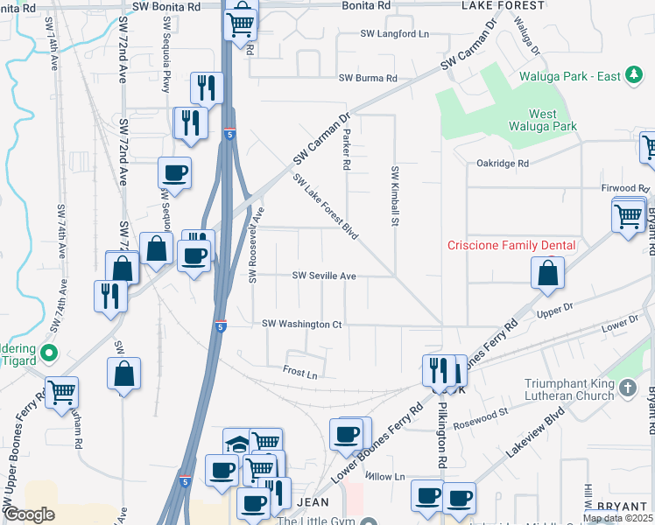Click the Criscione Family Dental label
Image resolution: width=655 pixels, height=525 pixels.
[511, 245]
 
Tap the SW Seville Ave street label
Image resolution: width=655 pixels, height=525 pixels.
[324, 276]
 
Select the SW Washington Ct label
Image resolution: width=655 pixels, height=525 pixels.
[302, 324]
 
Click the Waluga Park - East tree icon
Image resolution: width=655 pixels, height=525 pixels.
[633, 76]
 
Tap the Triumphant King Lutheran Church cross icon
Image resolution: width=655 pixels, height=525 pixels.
[626, 387]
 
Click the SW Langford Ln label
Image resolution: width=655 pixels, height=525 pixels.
[395, 34]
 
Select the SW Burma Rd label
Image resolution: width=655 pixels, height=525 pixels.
[369, 78]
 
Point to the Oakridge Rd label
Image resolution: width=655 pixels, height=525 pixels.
[503, 163]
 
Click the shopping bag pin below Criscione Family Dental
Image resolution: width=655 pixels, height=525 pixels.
[547, 272]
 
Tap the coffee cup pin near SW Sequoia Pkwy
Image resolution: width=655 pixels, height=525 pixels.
[174, 172]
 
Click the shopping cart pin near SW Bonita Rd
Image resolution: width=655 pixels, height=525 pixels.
[241, 22]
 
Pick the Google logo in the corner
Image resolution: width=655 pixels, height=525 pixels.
[30, 514]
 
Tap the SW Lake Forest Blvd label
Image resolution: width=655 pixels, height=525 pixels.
[326, 206]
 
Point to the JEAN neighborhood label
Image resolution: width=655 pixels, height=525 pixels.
[313, 502]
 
